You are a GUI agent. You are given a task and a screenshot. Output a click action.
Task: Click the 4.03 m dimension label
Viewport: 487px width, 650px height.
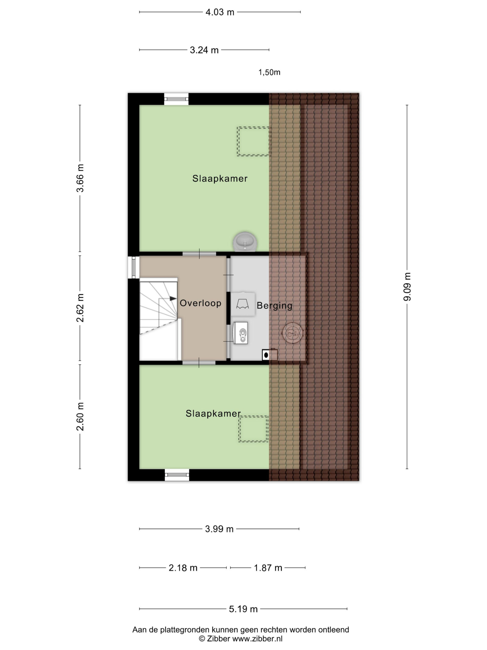[220, 12]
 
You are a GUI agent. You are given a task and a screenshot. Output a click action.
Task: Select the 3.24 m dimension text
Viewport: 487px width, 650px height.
[204, 50]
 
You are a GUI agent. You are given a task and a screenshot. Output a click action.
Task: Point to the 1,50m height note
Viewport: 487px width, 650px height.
[269, 72]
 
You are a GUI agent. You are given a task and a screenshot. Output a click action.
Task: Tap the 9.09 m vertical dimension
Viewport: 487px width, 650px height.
[407, 286]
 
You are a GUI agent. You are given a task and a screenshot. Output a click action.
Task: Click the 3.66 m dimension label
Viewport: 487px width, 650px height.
[80, 178]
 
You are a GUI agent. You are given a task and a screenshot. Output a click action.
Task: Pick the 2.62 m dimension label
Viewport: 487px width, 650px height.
[80, 308]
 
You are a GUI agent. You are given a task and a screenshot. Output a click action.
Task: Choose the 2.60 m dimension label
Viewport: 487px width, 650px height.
[80, 416]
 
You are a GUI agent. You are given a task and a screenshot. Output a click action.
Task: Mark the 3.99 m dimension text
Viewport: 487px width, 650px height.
[219, 529]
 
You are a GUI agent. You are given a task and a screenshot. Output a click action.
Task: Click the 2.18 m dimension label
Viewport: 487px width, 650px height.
[183, 568]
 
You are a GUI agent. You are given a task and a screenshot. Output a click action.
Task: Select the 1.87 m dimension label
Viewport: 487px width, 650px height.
[268, 568]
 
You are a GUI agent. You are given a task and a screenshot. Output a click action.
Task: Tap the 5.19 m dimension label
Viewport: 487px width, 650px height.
[243, 609]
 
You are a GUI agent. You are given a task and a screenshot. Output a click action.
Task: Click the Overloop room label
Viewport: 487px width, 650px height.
[200, 303]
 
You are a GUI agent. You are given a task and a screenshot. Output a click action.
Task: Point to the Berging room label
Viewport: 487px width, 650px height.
[274, 306]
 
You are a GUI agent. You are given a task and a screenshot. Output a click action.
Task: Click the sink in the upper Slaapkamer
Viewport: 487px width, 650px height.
[246, 241]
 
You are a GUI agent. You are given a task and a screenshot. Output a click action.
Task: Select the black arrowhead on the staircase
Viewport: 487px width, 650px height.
[173, 298]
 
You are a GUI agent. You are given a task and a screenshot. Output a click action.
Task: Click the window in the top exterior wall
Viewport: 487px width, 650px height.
[176, 99]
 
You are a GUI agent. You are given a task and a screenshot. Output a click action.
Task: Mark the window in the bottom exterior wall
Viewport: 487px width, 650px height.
[177, 475]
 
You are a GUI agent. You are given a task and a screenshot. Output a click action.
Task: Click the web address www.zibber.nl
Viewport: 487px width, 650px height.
[257, 638]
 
